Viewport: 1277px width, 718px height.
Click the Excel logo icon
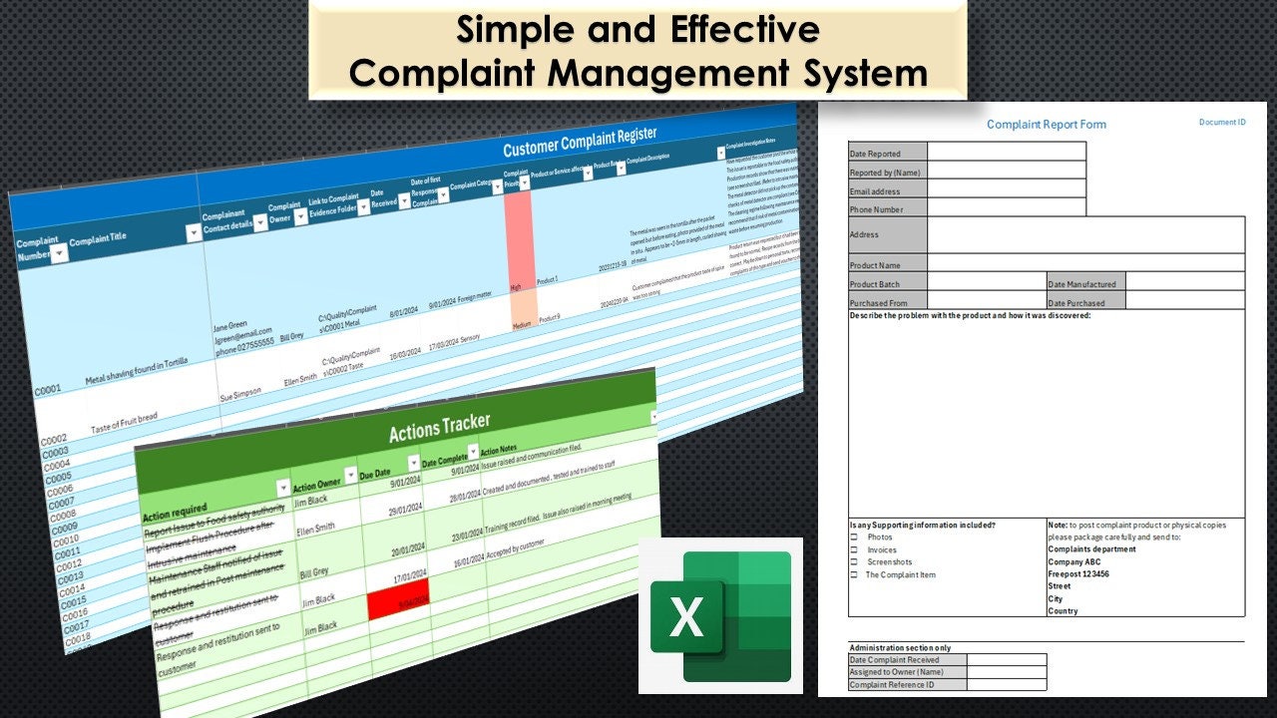point(720,615)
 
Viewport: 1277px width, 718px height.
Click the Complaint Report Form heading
point(1046,125)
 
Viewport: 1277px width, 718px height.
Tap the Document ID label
point(1222,123)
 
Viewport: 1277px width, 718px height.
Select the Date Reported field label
point(875,154)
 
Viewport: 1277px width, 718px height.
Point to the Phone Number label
point(876,209)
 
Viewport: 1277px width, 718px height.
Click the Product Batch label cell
point(875,284)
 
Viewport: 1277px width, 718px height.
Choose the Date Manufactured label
point(1081,284)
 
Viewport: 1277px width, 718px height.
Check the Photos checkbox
point(854,538)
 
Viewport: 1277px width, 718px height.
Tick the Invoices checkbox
point(854,550)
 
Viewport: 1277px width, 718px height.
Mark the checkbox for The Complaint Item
point(854,575)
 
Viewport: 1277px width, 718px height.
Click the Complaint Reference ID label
point(892,685)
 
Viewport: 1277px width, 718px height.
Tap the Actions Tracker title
point(439,428)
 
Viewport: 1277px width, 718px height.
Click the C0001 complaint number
point(48,390)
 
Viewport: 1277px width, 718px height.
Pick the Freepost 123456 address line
point(1078,574)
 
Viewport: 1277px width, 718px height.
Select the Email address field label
point(875,191)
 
